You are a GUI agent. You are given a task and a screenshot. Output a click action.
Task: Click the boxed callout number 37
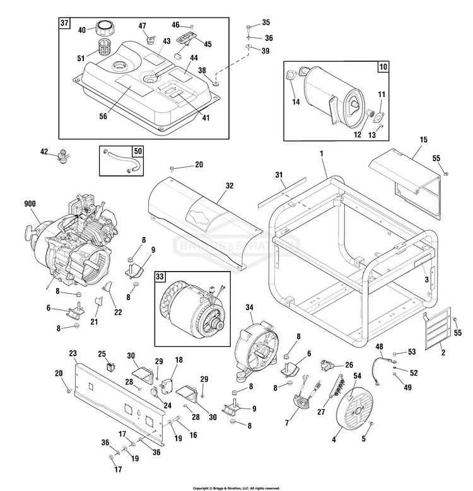click(64, 23)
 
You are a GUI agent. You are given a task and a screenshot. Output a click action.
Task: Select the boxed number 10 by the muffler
click(383, 66)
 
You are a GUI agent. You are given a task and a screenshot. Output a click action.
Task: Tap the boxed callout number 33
click(161, 275)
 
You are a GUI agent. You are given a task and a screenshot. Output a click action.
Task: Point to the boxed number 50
click(137, 151)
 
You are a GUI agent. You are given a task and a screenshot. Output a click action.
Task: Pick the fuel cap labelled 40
click(103, 28)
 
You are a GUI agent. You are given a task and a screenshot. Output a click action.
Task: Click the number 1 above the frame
click(321, 153)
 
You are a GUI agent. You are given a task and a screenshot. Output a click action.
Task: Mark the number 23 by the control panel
click(73, 353)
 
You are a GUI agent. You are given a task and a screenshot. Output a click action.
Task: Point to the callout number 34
click(249, 307)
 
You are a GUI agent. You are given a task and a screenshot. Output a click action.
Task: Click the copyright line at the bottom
click(236, 488)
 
